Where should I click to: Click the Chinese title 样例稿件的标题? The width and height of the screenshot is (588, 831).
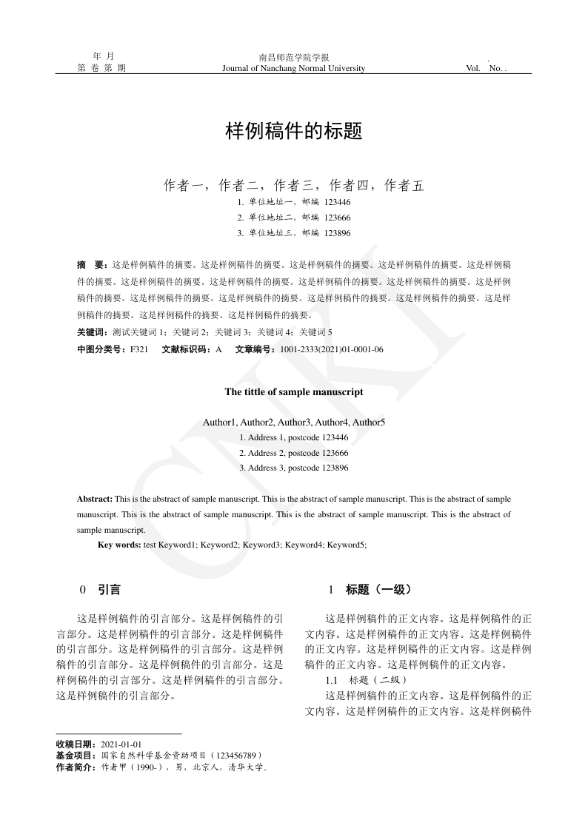click(293, 132)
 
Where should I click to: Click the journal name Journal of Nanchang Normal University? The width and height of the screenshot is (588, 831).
click(293, 69)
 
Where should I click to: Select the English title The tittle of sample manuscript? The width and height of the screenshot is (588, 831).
click(293, 392)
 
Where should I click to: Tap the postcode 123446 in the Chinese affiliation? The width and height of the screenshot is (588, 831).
click(338, 201)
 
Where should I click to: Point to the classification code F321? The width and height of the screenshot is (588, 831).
click(139, 349)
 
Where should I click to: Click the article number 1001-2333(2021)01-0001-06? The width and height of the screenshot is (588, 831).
click(331, 349)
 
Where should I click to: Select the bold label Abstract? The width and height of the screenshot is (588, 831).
click(95, 499)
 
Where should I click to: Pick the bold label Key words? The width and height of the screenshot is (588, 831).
click(119, 545)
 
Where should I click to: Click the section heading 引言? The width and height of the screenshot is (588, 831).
click(109, 591)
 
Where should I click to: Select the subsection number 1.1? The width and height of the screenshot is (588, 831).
click(332, 680)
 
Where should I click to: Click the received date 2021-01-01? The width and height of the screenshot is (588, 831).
click(121, 744)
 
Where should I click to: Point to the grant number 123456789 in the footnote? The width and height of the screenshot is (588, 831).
click(235, 756)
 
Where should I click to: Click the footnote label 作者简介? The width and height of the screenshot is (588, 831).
click(75, 767)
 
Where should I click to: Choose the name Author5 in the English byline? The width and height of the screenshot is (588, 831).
click(369, 423)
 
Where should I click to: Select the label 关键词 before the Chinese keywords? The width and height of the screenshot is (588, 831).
click(91, 332)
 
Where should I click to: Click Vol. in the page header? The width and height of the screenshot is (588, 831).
click(473, 69)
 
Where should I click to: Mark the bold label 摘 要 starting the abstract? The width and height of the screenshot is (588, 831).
click(92, 264)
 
